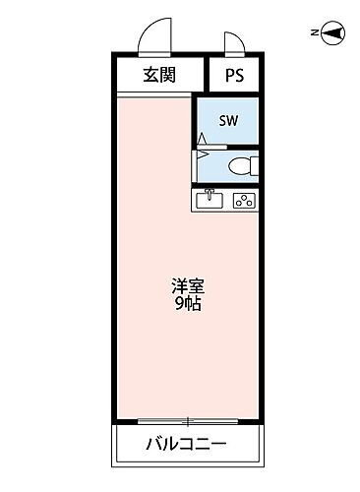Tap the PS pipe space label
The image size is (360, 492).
[234, 76]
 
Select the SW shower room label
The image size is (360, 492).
[228, 122]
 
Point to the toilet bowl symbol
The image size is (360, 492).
[240, 165]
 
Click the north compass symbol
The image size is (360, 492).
[334, 33]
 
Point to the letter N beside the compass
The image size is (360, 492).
[314, 33]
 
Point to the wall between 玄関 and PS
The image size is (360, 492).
[206, 76]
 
